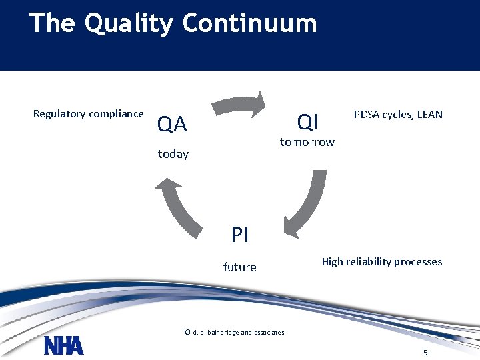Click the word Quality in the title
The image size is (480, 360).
(129, 24)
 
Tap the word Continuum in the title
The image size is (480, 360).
(249, 23)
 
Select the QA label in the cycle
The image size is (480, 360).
(171, 124)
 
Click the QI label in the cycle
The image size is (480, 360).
(308, 122)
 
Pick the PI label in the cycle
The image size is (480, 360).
(240, 235)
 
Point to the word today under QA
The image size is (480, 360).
(173, 154)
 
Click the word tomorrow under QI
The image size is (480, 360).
(307, 142)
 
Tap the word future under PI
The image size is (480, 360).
(239, 267)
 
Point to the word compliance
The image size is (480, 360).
(118, 114)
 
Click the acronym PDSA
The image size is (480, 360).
(366, 114)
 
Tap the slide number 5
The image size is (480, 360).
(425, 351)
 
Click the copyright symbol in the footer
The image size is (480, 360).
(187, 332)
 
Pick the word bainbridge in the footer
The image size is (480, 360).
(225, 332)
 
